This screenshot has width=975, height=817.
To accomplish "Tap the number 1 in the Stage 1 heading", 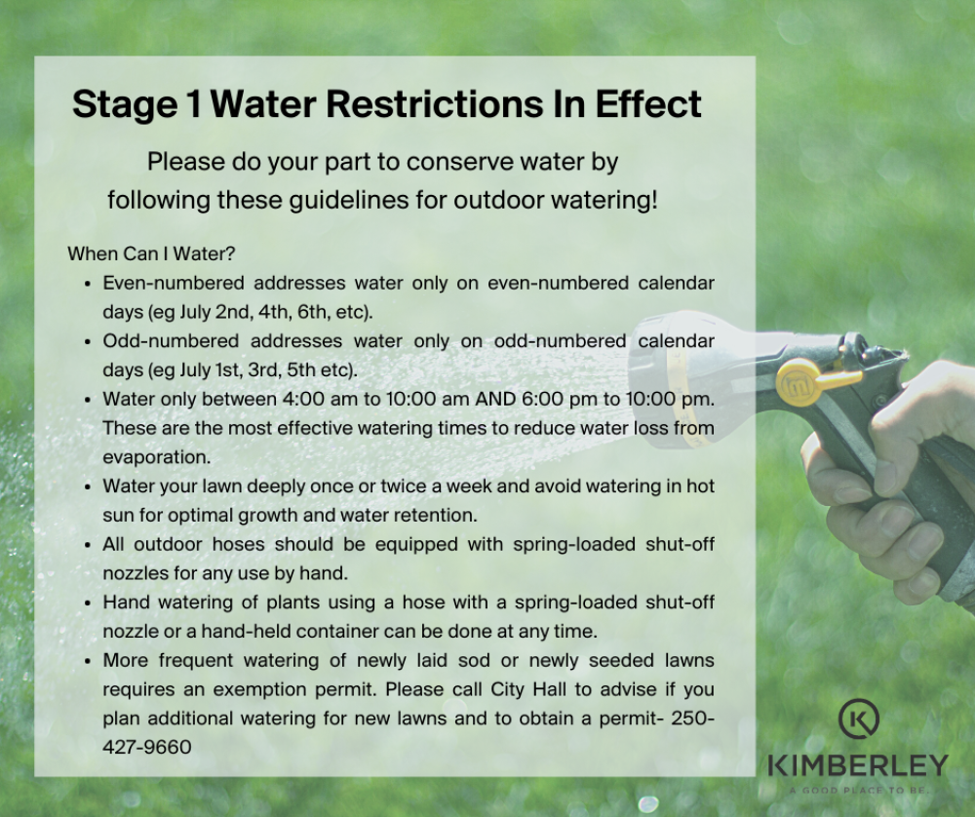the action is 193,103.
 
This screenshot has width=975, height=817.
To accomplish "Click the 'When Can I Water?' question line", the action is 151,253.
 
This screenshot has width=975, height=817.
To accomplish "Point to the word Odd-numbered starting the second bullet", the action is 171,340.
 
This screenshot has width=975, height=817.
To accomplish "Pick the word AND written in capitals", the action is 495,399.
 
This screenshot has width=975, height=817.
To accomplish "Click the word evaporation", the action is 157,457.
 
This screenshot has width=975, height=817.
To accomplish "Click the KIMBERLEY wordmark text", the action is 858,765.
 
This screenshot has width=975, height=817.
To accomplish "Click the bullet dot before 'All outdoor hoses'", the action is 88,545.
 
